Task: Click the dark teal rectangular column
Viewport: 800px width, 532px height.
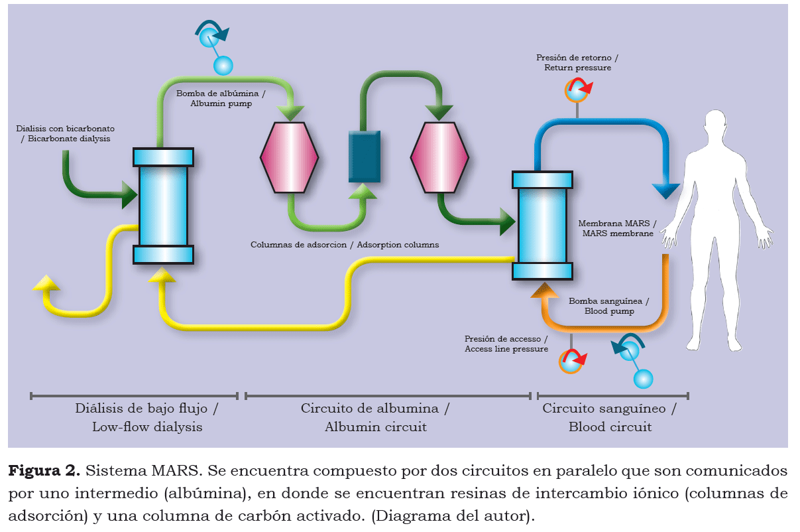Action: pos(365,157)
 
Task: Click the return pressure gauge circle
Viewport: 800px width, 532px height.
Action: pos(577,91)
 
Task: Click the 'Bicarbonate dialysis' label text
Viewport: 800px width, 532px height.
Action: pos(64,133)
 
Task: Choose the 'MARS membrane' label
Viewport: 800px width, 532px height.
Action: pos(617,228)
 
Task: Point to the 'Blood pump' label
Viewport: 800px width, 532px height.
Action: pos(608,306)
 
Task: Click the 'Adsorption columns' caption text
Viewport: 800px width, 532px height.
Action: pos(344,245)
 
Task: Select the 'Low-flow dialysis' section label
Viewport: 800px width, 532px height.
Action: pos(146,418)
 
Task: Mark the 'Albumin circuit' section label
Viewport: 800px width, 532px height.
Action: pos(375,418)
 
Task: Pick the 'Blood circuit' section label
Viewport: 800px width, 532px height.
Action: pos(610,418)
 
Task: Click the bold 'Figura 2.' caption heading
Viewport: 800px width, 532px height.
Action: pos(44,472)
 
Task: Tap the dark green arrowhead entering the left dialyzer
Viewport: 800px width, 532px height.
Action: pos(127,195)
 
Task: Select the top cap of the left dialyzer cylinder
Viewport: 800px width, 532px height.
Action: pos(163,157)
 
